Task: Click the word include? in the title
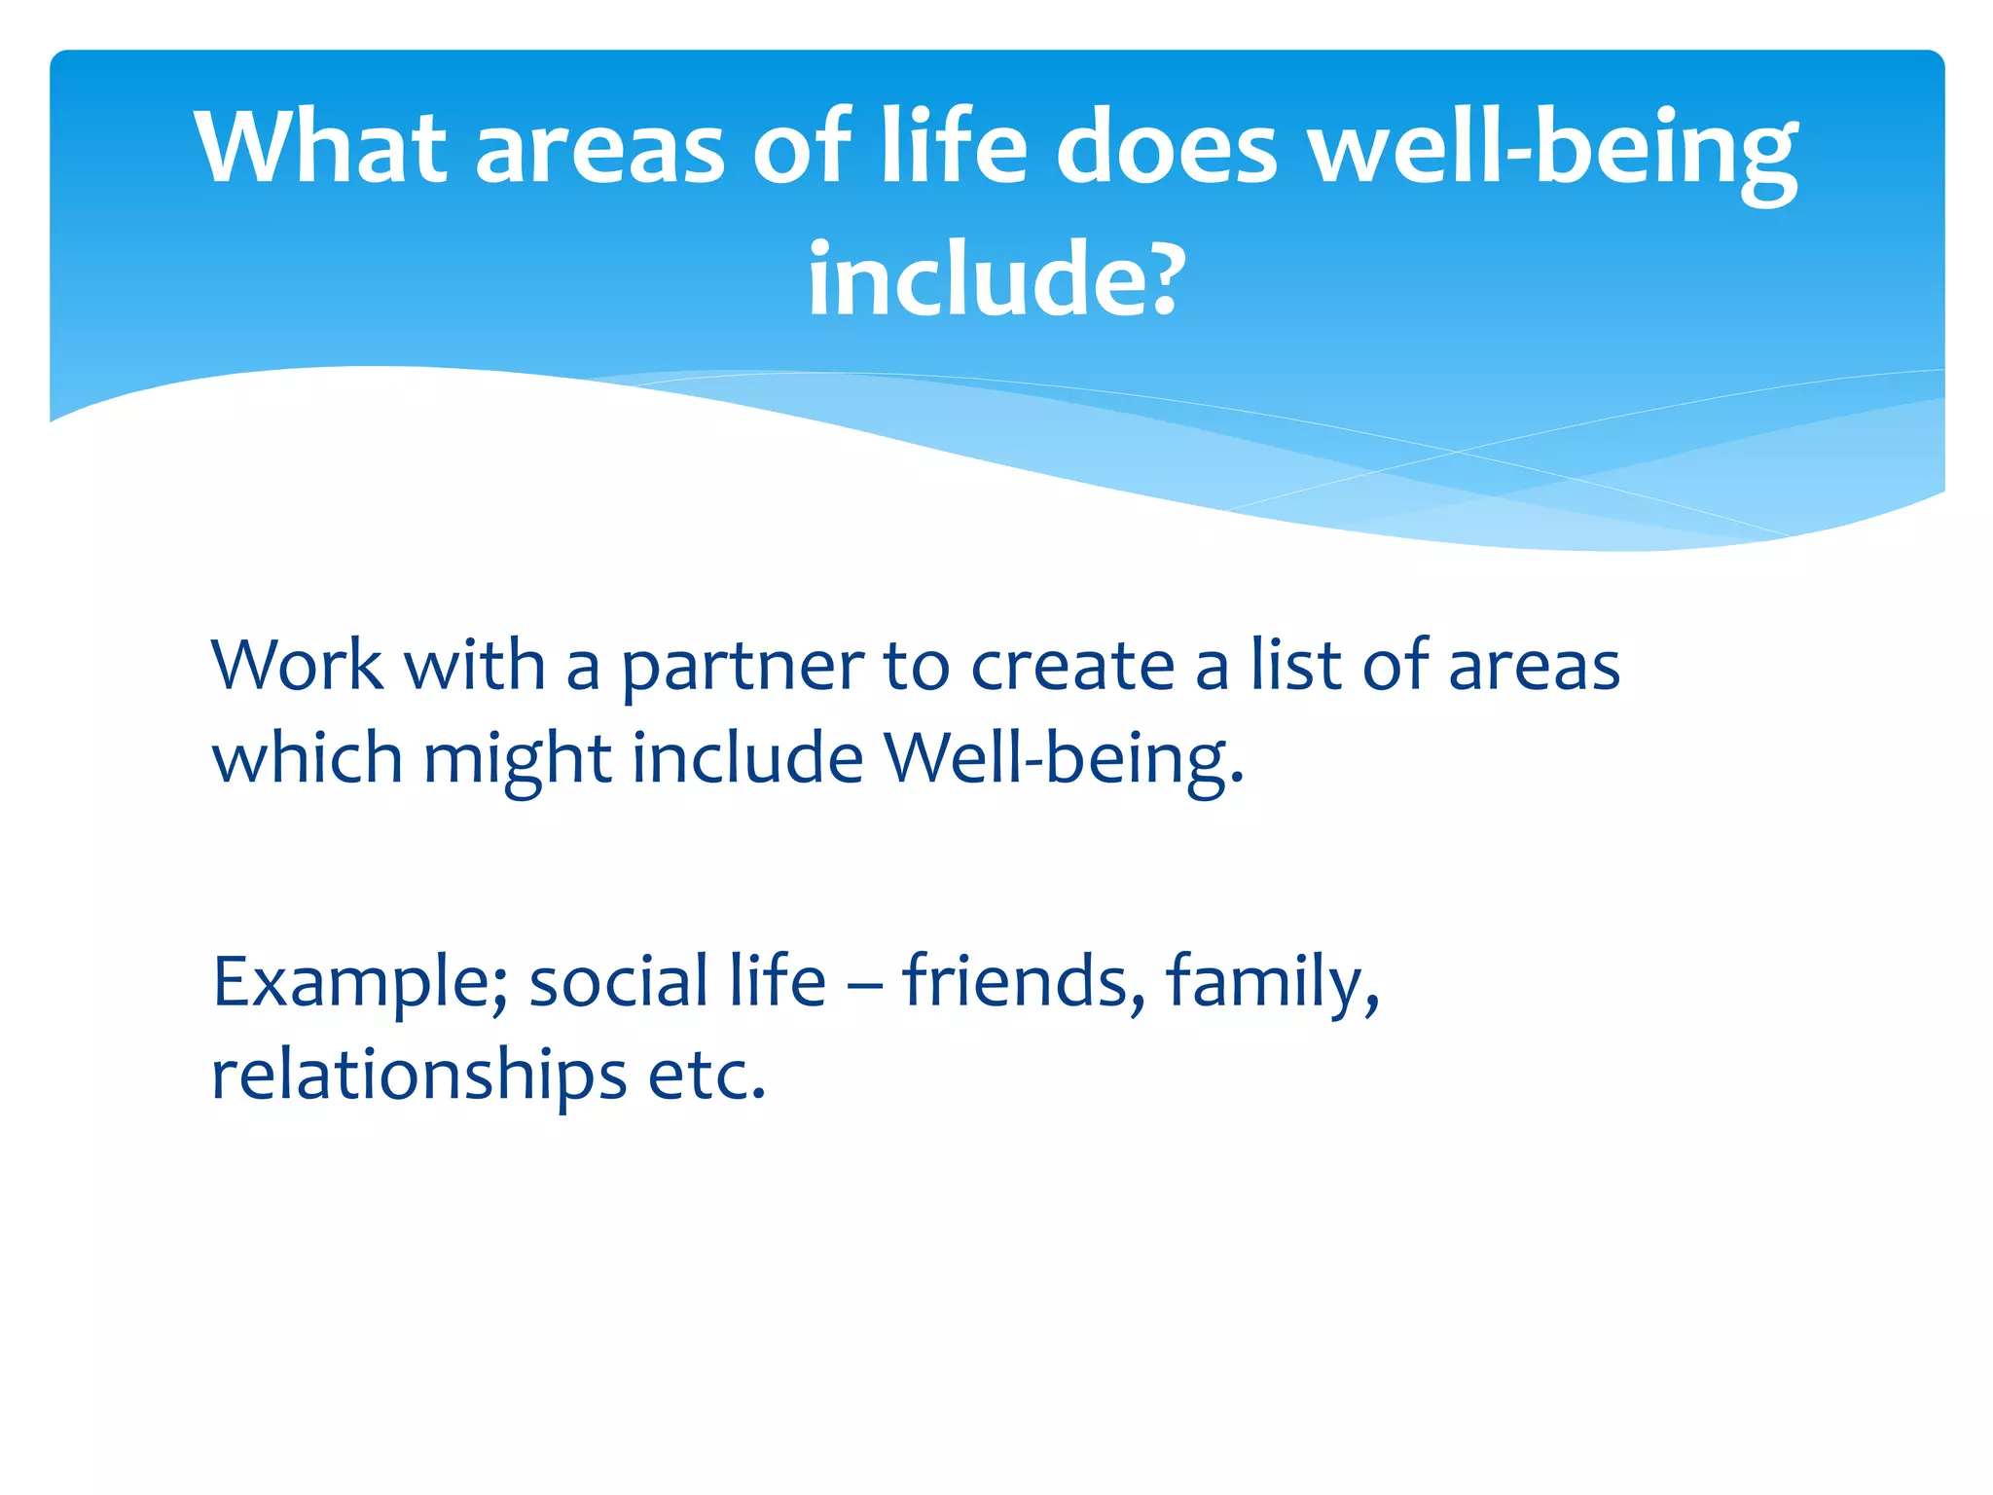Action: [x=995, y=280]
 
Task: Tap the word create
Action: [x=1072, y=668]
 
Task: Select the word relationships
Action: [x=419, y=1076]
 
